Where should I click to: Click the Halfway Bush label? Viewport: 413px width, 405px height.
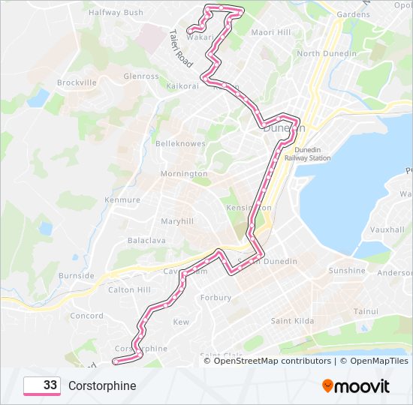click(x=116, y=13)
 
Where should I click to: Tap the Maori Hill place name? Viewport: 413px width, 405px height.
click(x=270, y=32)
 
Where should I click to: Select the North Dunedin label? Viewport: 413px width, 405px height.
click(x=324, y=53)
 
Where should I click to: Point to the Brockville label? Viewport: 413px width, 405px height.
click(x=77, y=82)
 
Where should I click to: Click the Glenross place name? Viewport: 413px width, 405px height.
click(x=141, y=76)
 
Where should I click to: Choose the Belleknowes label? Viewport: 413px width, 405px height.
click(x=180, y=143)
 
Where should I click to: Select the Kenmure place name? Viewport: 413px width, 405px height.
click(x=122, y=200)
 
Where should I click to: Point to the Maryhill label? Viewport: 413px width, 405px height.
click(x=177, y=221)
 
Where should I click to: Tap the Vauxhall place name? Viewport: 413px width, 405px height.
click(x=387, y=229)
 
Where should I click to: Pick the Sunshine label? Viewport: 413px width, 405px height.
click(x=347, y=271)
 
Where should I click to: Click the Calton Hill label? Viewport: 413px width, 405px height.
click(x=129, y=289)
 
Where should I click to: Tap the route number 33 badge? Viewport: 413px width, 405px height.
click(x=42, y=385)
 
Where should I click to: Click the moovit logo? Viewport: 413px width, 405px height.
click(x=356, y=386)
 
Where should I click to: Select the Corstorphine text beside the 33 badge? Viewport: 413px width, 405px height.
click(x=102, y=386)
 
